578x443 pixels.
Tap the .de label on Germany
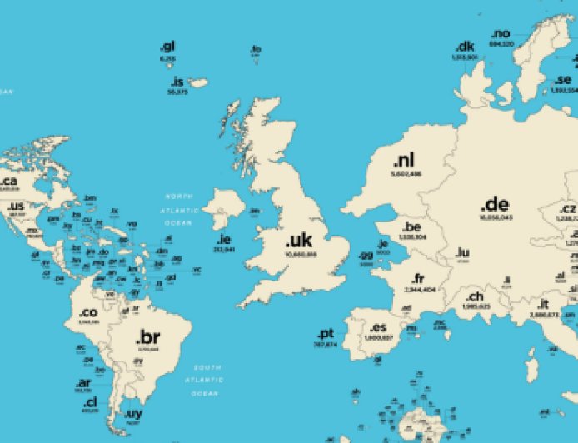tap(496, 205)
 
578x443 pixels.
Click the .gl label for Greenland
tap(167, 47)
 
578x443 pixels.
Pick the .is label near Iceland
tap(177, 82)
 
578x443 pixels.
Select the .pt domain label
tap(326, 333)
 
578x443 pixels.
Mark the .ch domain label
tap(474, 296)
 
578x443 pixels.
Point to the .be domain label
tap(412, 226)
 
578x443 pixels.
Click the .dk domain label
tap(464, 47)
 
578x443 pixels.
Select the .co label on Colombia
tap(88, 313)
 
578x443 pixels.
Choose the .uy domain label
tap(133, 414)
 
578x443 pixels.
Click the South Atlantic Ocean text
tap(206, 380)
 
